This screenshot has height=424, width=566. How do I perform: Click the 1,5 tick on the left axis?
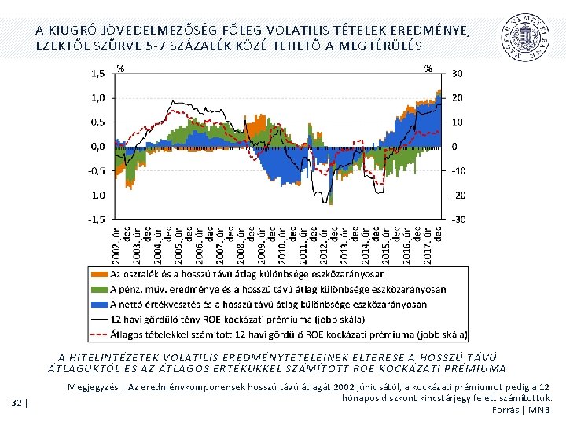pos(97,74)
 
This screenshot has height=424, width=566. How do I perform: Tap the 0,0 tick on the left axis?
pos(98,147)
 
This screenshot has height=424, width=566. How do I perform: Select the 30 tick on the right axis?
pos(457,74)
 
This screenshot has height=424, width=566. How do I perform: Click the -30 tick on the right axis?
pos(458,219)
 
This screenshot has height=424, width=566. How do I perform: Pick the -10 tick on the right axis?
pos(458,171)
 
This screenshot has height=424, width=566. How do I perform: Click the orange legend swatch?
pos(99,274)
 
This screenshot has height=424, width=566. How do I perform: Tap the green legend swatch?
pos(99,289)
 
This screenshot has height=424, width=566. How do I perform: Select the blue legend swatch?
pos(99,304)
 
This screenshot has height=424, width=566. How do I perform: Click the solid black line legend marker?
pos(99,319)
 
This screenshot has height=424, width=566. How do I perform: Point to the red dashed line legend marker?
pos(99,334)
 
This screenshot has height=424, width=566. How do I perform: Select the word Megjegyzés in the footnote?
pos(94,387)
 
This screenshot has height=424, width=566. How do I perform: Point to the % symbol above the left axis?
pos(119,68)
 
